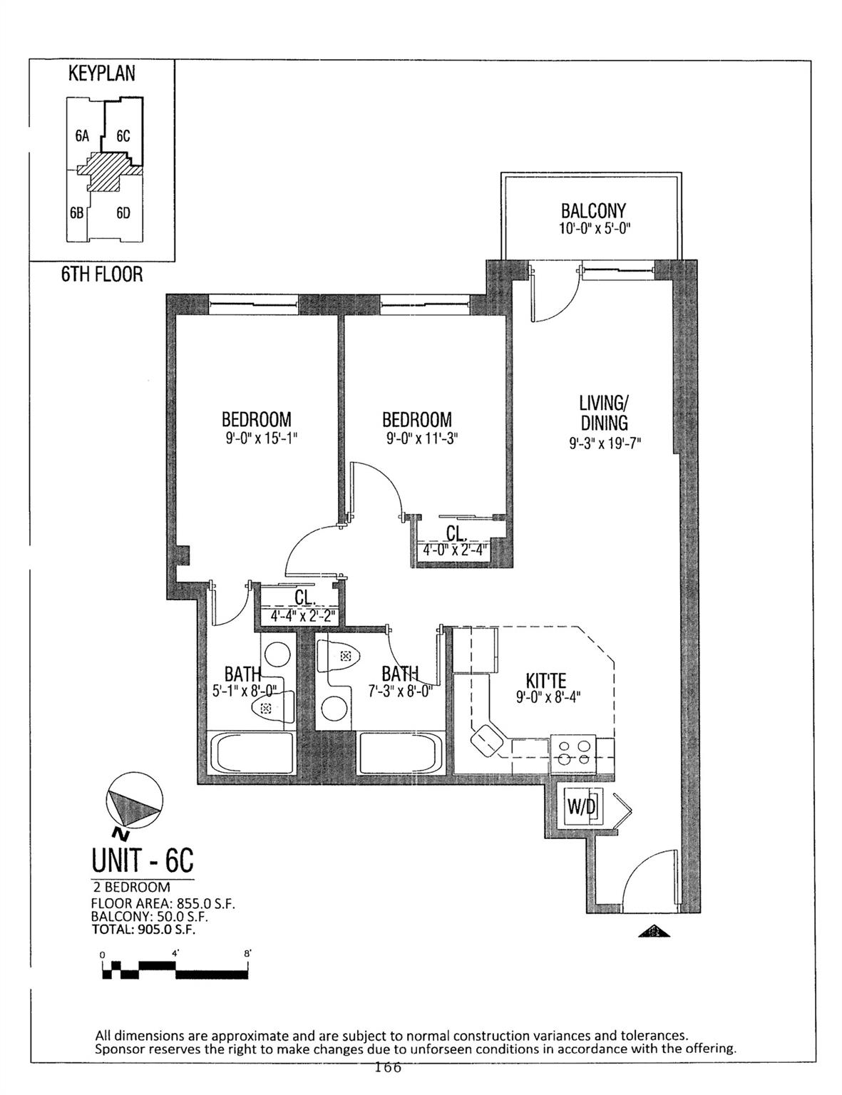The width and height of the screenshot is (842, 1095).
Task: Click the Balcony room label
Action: pos(592,210)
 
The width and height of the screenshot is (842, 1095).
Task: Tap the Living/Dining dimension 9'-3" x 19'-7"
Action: pos(605,443)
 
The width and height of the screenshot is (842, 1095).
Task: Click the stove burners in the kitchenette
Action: pos(575,753)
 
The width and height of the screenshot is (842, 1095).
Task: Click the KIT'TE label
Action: pos(545,682)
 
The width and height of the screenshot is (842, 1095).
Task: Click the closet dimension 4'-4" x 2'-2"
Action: pos(303,615)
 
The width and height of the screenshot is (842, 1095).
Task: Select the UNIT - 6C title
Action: pos(143,860)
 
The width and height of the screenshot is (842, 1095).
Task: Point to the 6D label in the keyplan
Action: pos(123,213)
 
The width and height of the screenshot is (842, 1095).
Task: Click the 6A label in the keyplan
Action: pos(81,136)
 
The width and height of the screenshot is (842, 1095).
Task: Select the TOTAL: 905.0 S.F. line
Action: pos(143,930)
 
